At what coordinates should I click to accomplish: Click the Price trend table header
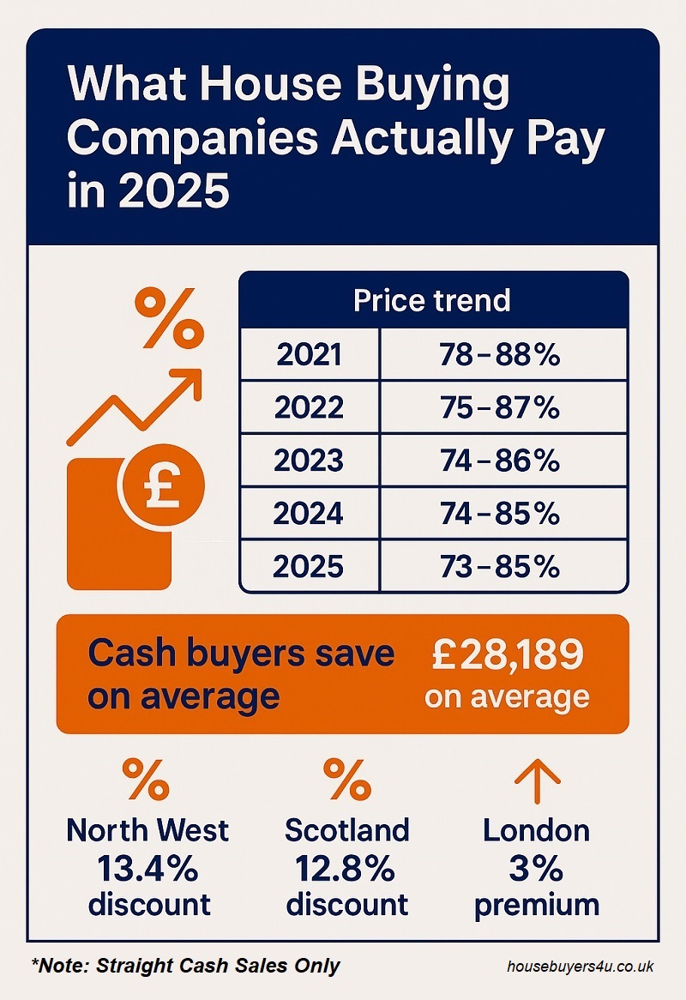pyautogui.click(x=432, y=300)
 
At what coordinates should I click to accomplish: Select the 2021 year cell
pyautogui.click(x=309, y=355)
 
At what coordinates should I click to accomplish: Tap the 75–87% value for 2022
pyautogui.click(x=502, y=407)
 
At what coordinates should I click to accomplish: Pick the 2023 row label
pyautogui.click(x=309, y=461)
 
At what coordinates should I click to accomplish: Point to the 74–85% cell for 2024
pyautogui.click(x=502, y=514)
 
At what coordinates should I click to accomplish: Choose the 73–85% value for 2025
pyautogui.click(x=502, y=567)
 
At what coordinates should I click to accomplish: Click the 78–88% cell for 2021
pyautogui.click(x=502, y=355)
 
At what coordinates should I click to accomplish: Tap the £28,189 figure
pyautogui.click(x=508, y=657)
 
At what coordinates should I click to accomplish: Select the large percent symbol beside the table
pyautogui.click(x=171, y=317)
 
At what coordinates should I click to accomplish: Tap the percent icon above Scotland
pyautogui.click(x=346, y=779)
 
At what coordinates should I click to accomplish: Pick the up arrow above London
pyautogui.click(x=536, y=777)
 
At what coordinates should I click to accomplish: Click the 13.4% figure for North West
pyautogui.click(x=147, y=868)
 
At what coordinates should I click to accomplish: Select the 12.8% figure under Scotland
pyautogui.click(x=346, y=868)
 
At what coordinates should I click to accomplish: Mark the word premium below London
pyautogui.click(x=536, y=905)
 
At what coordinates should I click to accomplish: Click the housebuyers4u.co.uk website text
pyautogui.click(x=580, y=966)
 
